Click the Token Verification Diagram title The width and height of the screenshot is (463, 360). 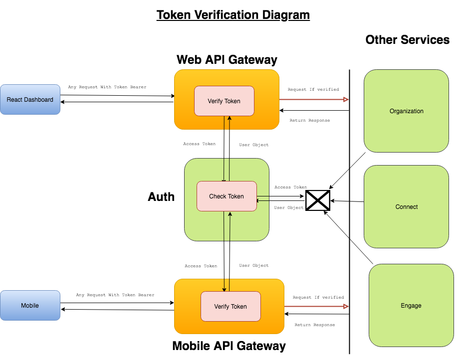[233, 15]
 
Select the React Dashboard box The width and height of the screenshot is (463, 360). [30, 100]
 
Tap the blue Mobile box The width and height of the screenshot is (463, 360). [30, 306]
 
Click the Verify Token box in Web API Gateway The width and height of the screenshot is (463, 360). [224, 101]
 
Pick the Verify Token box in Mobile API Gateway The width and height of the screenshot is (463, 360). [231, 306]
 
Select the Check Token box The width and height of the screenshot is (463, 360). [227, 196]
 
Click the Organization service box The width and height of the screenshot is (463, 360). [406, 111]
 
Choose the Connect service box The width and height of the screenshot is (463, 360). [406, 206]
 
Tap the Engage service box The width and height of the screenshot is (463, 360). [411, 305]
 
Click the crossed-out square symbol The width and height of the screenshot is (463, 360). [318, 200]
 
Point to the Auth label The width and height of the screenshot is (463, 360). [161, 197]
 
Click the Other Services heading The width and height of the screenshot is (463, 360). [407, 40]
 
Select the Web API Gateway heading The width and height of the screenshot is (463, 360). [227, 60]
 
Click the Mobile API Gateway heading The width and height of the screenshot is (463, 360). [229, 346]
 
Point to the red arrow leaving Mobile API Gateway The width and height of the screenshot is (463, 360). [316, 307]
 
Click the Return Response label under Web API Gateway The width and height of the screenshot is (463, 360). [309, 121]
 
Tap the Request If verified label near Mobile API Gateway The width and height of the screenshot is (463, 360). [318, 298]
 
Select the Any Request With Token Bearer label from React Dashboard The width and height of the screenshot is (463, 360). [107, 87]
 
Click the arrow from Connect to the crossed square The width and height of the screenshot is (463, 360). [347, 201]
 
